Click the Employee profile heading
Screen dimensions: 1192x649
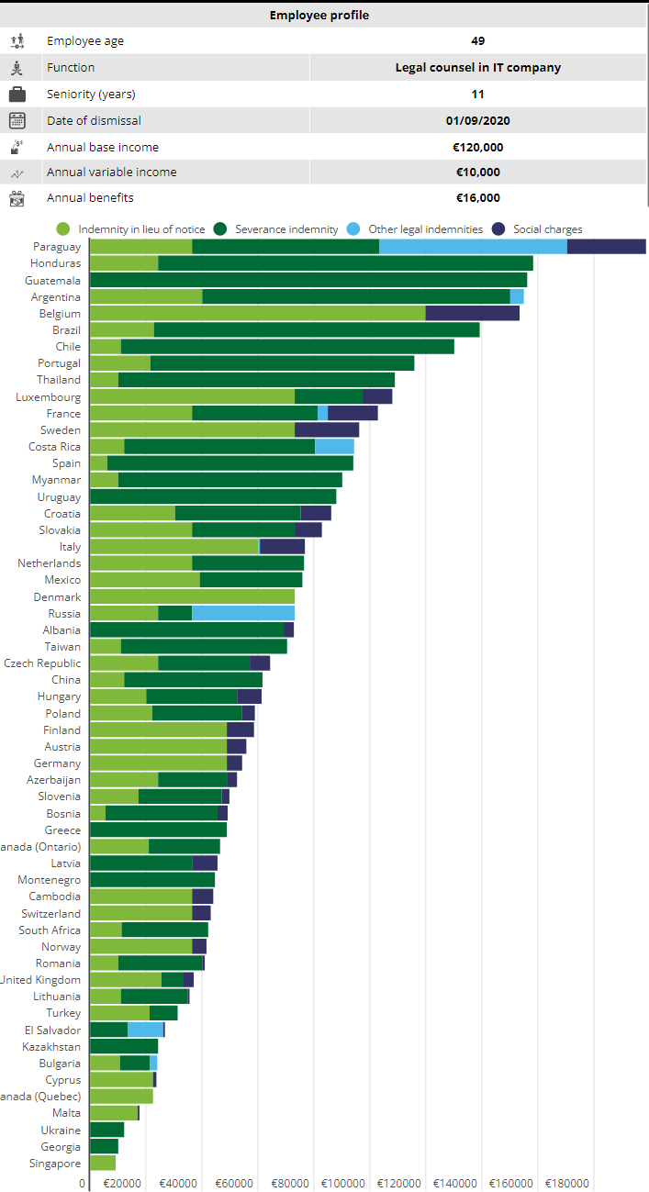[x=319, y=16]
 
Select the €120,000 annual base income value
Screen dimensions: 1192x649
[x=477, y=147]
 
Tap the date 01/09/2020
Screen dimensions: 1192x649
[x=477, y=121]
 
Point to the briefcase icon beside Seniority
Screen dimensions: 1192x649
[x=17, y=95]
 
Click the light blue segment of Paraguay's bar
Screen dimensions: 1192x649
[x=473, y=247]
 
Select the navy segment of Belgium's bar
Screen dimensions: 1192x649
[x=472, y=314]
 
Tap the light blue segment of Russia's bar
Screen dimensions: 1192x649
[x=243, y=613]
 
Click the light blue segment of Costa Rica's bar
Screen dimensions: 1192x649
[x=334, y=447]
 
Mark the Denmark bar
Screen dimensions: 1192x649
[x=192, y=596]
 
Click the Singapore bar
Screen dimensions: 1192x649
[x=103, y=1163]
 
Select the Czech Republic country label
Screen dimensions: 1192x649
[x=42, y=663]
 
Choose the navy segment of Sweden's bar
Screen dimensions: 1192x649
[x=327, y=430]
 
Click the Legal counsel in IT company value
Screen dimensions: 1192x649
[x=477, y=68]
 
